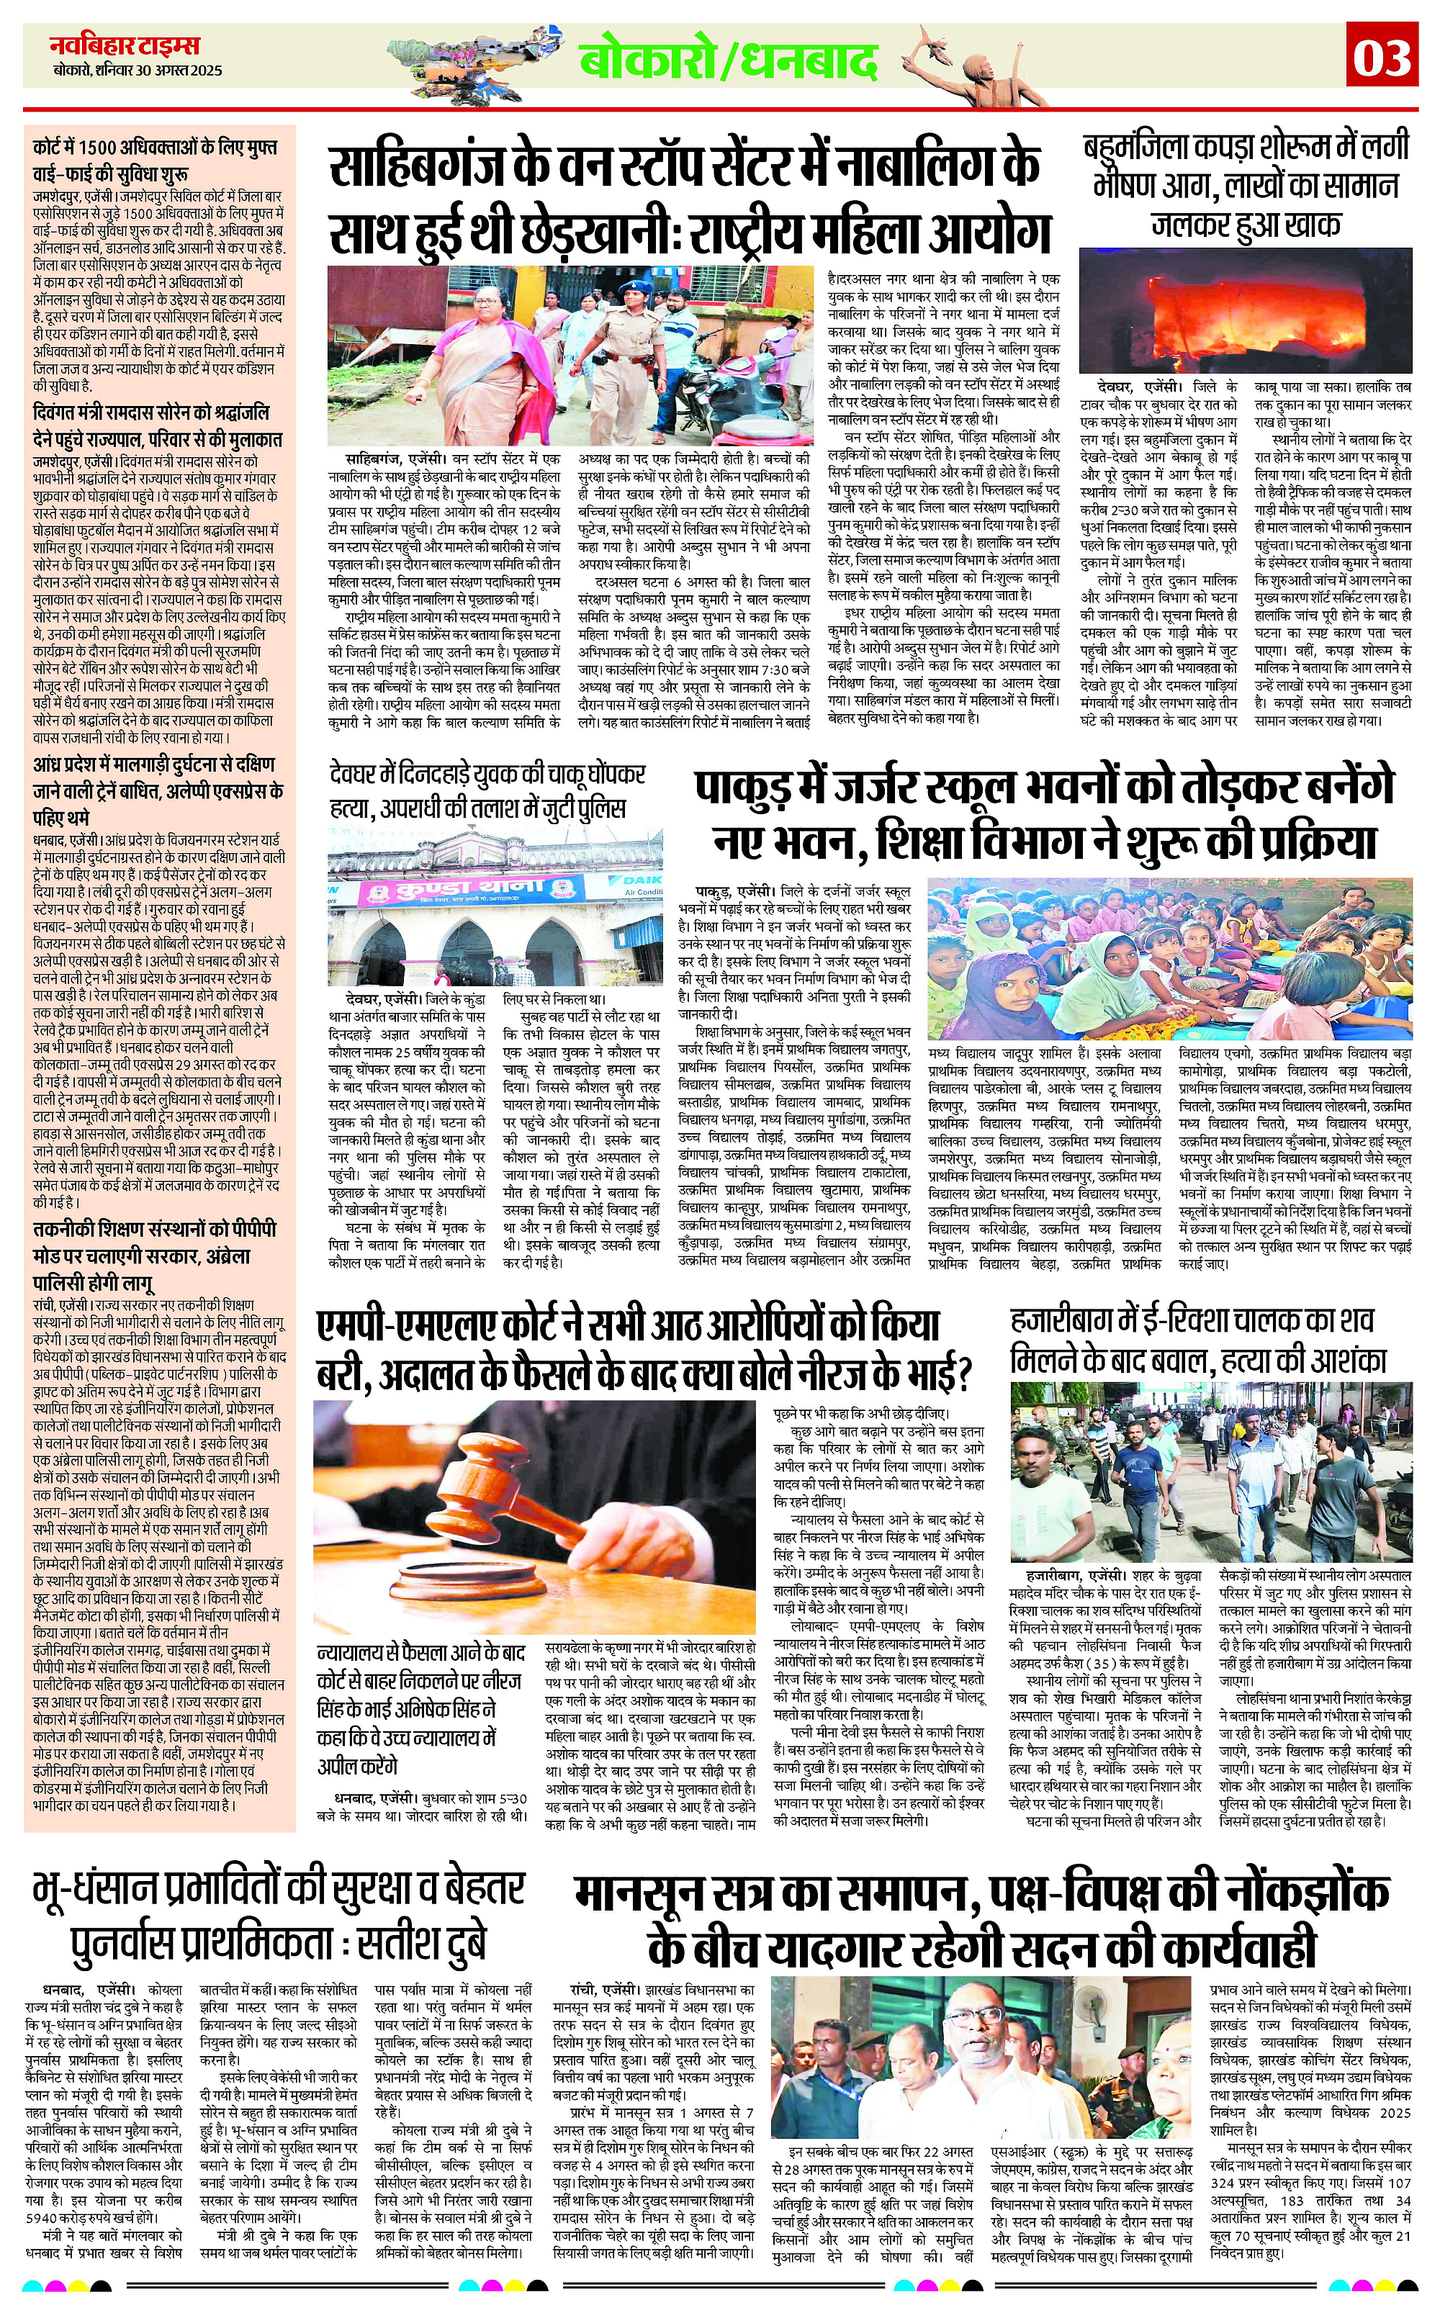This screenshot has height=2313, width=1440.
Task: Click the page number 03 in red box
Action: (x=1382, y=58)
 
